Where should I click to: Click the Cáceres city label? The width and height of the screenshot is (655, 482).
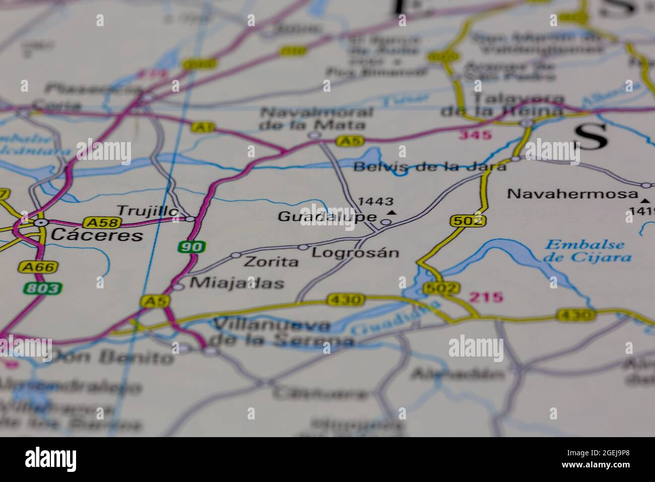[x=97, y=235]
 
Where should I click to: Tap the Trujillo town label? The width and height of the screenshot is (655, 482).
[x=147, y=211]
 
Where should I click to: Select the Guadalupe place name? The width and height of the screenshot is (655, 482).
[x=327, y=217]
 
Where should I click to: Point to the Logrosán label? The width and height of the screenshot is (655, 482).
[x=355, y=253]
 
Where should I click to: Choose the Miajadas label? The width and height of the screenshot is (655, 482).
[x=236, y=283]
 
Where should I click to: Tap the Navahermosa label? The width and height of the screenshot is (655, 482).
[x=573, y=194]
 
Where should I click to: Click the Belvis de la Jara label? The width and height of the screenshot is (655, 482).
[x=430, y=167]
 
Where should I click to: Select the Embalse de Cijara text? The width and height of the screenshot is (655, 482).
[x=588, y=251]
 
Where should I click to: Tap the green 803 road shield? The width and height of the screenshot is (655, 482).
[x=42, y=288]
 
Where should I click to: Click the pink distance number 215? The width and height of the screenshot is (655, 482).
[x=486, y=297]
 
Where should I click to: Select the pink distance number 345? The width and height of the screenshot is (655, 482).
[x=475, y=135]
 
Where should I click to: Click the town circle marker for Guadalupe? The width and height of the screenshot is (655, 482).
[x=385, y=221]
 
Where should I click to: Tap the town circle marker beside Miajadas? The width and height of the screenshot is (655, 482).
[x=178, y=287]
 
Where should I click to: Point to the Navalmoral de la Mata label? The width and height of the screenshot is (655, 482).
[x=317, y=118]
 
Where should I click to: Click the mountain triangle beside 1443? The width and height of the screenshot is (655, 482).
[x=392, y=213]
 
